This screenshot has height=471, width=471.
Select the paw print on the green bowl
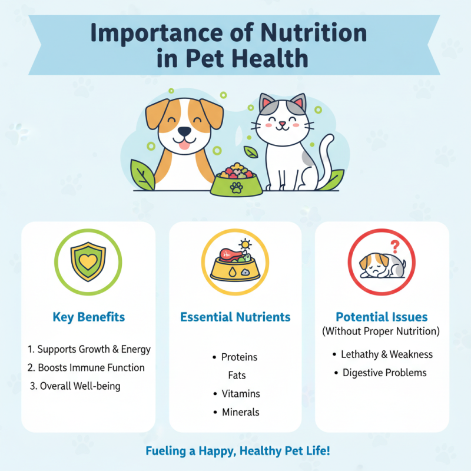(236, 187)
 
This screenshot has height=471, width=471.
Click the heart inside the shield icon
(88, 262)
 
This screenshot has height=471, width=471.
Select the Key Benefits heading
(88, 317)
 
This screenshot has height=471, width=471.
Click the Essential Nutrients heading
(235, 317)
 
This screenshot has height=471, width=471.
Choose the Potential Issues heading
(382, 317)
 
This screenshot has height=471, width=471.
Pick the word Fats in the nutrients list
(237, 375)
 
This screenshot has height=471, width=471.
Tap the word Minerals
(241, 412)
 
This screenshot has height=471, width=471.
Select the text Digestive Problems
(384, 373)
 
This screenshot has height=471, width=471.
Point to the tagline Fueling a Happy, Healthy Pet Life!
(237, 452)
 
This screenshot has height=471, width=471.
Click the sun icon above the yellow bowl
(244, 244)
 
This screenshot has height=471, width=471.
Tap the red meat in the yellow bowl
(227, 255)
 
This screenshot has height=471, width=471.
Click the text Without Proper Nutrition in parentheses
(381, 331)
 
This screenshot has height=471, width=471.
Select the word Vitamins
(241, 394)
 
